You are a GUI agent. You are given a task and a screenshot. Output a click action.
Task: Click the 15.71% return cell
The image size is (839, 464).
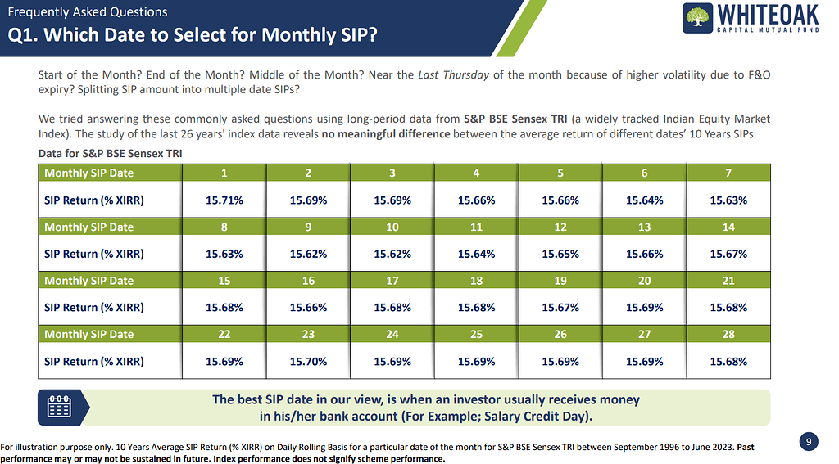(x=224, y=200)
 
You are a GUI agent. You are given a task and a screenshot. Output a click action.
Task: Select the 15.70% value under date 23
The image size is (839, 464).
(x=308, y=361)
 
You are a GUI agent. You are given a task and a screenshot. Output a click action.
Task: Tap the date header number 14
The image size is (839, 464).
(x=728, y=227)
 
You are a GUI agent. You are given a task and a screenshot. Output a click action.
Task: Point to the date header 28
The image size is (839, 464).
(x=728, y=334)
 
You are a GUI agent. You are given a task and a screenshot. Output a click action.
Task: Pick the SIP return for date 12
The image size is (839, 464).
(x=560, y=254)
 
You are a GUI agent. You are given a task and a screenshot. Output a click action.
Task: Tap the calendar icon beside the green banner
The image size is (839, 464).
(x=60, y=407)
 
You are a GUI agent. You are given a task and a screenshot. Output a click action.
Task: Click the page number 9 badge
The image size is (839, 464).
(x=808, y=442)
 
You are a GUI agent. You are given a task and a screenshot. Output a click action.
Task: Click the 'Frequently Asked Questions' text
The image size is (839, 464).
(x=88, y=12)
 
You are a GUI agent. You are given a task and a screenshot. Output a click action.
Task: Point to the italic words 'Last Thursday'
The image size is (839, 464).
(x=453, y=74)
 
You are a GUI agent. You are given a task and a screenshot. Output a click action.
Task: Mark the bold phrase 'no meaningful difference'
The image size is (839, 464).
(x=385, y=134)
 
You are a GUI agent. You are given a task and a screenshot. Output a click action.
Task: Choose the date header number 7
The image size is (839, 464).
(x=728, y=173)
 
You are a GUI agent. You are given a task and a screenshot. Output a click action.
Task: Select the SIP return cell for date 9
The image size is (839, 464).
(x=308, y=254)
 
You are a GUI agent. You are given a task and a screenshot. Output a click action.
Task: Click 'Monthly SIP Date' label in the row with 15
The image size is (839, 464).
(x=88, y=281)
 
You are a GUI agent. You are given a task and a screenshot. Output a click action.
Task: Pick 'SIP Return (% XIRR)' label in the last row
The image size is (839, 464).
(x=94, y=361)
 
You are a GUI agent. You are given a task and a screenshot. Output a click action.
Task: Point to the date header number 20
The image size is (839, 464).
(x=644, y=281)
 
